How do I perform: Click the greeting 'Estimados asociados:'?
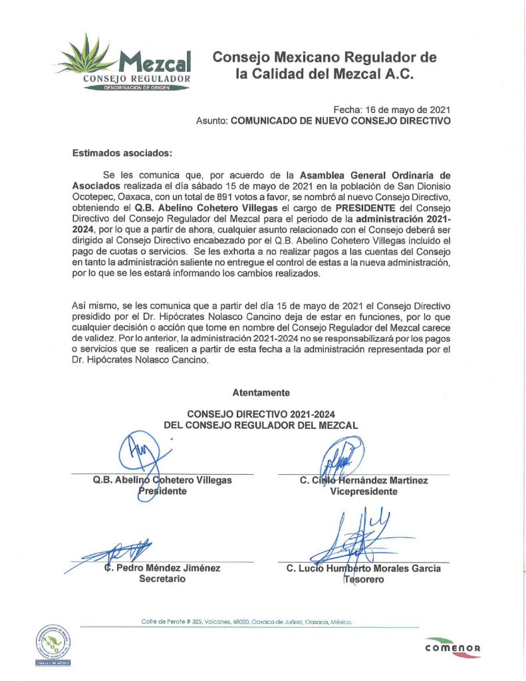click(122, 153)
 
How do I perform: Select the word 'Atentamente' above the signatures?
click(261, 393)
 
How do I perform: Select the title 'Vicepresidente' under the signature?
click(363, 491)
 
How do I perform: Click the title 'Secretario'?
click(162, 579)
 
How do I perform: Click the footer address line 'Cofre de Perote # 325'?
click(246, 622)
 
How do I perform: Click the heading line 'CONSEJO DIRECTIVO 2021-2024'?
click(261, 414)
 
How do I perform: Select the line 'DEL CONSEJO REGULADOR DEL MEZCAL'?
click(261, 425)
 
